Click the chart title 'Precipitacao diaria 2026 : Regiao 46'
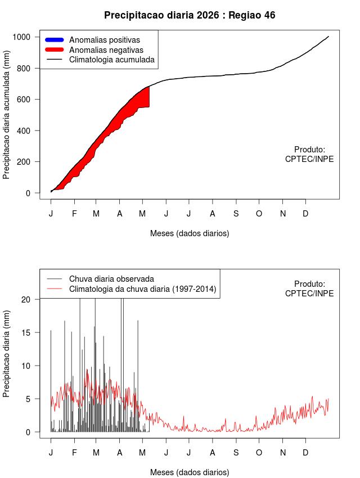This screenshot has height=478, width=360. coord(190,15)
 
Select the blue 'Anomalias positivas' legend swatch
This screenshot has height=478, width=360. coord(54,39)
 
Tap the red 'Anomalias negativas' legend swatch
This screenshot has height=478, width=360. coord(54,49)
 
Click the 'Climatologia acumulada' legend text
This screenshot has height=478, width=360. coord(112,60)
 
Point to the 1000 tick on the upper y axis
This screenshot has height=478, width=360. coord(38,37)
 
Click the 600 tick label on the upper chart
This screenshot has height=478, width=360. coord(24,100)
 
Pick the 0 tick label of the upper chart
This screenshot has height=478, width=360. coord(28,193)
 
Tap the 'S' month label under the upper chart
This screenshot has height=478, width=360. coord(236,214)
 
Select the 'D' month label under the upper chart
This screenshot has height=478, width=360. coord(305,214)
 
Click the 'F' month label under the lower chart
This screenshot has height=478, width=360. coord(74,453)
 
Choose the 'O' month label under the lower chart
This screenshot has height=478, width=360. coord(259,453)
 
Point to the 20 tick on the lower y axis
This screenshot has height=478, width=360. coord(38,299)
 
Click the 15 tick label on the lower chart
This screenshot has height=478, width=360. coord(26,332)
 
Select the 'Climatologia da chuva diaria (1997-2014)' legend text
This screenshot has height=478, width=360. coord(143,289)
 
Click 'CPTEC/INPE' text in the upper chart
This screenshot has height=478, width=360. coord(309,159)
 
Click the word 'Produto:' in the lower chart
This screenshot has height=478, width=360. coord(310,284)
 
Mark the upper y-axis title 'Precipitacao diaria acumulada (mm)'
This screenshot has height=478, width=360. coord(6,115)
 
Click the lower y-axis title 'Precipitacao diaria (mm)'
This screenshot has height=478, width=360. coord(6,354)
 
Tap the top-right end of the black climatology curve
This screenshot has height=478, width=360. coord(328,37)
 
